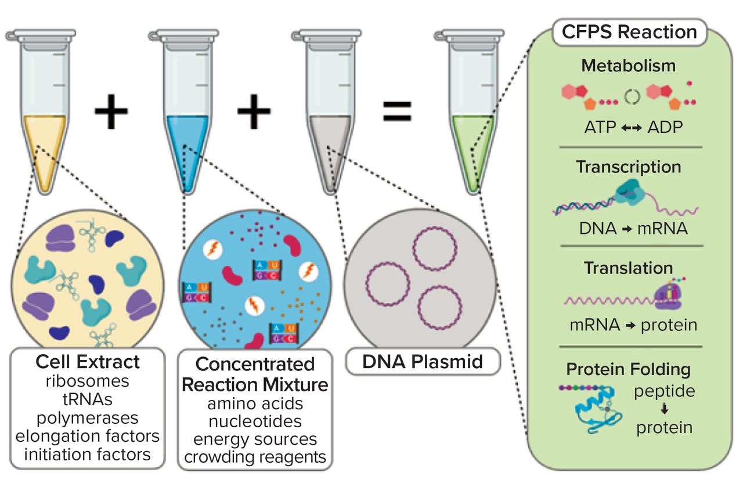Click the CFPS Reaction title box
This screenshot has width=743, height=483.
pyautogui.click(x=628, y=31)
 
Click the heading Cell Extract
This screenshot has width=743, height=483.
pyautogui.click(x=88, y=362)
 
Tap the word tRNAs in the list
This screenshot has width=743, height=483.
pyautogui.click(x=88, y=399)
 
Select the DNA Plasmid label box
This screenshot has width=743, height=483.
pyautogui.click(x=414, y=363)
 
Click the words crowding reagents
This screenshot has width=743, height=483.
pyautogui.click(x=255, y=457)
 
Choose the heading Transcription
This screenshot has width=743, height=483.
pyautogui.click(x=628, y=167)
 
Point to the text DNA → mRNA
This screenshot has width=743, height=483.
pyautogui.click(x=633, y=228)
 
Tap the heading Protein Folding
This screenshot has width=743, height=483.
pyautogui.click(x=628, y=369)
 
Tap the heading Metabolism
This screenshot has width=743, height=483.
pyautogui.click(x=628, y=66)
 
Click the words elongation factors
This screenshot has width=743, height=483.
pyautogui.click(x=88, y=435)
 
